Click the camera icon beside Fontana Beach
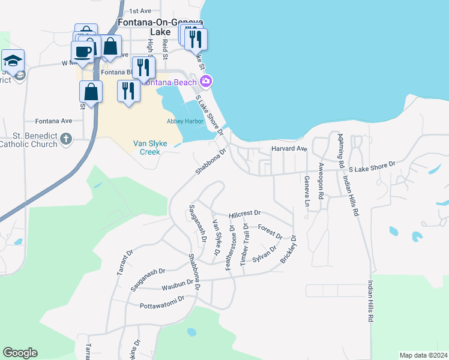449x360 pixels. coord(206,82)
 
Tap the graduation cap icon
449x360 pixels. coord(12,61)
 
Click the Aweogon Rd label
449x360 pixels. coord(321,181)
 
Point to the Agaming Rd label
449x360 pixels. coord(340,150)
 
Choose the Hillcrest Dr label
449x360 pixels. coord(246,214)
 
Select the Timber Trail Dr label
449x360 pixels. coord(244,247)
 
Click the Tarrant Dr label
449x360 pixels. coord(122,264)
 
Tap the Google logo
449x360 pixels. coord(20,353)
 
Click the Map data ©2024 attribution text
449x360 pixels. coord(423,355)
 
